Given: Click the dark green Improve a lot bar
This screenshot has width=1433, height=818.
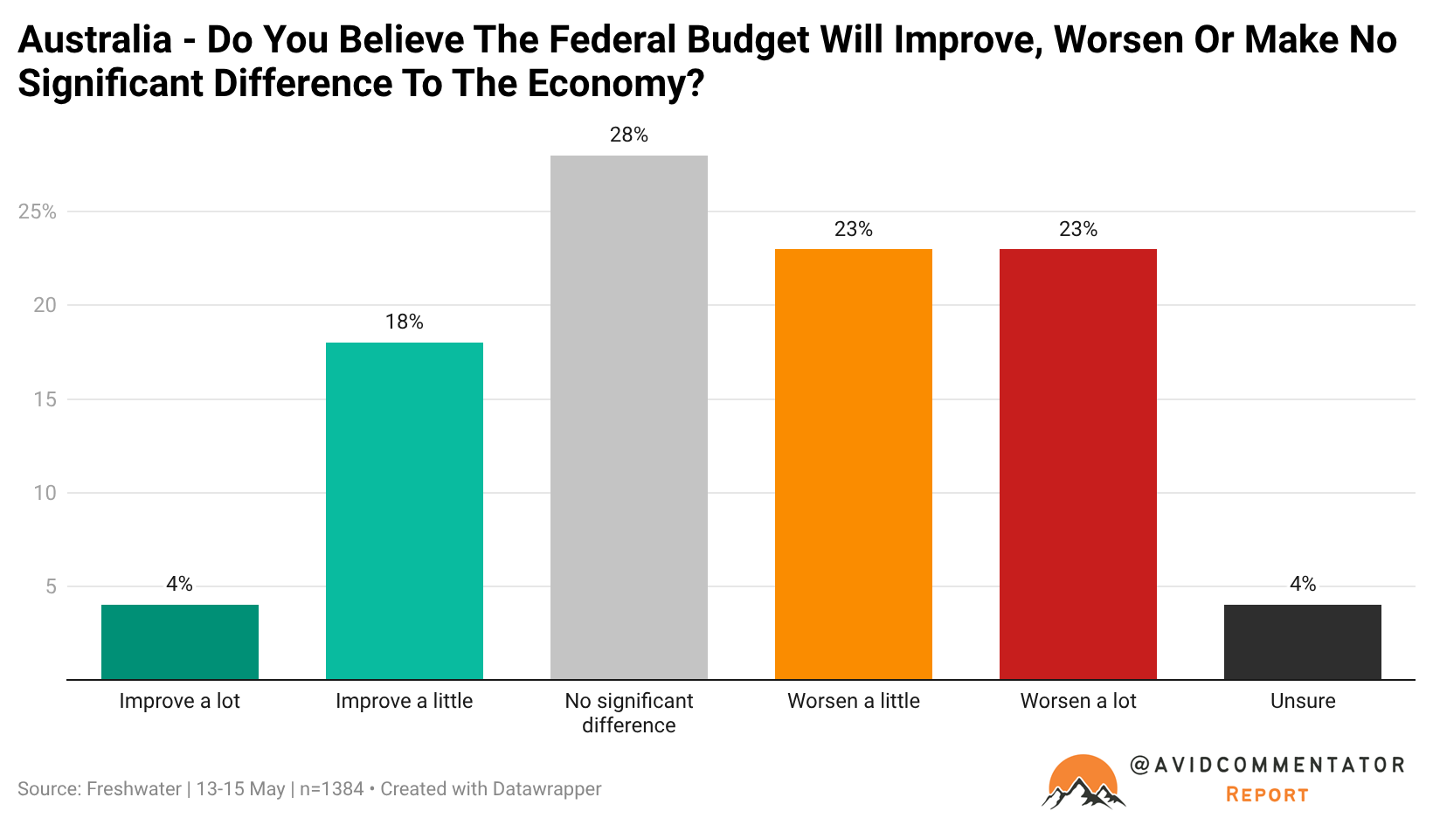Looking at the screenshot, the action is click(180, 642).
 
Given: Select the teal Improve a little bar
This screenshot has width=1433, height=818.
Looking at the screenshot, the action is click(405, 511).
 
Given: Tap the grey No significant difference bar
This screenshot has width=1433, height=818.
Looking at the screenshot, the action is click(629, 418).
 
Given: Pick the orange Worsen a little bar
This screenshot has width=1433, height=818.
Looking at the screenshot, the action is click(854, 464).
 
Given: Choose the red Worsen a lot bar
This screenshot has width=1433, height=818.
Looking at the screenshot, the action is click(1078, 464).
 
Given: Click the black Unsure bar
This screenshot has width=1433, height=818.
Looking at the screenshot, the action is click(1303, 642).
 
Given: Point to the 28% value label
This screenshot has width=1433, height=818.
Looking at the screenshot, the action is click(629, 135).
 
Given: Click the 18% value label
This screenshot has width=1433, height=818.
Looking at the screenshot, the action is click(405, 322).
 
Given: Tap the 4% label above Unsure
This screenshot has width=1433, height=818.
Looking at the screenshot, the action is click(1303, 584).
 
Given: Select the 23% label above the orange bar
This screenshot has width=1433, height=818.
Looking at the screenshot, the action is click(854, 228).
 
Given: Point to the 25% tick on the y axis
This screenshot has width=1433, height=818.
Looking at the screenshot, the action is click(37, 211).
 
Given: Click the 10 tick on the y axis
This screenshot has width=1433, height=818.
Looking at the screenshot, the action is click(45, 493).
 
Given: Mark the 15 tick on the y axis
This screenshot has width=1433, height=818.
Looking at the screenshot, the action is click(45, 399).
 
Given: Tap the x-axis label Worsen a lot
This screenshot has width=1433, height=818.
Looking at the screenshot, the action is click(1078, 701).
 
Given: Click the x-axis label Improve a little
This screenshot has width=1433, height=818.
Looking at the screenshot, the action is click(405, 701).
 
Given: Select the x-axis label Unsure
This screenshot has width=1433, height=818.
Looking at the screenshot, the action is click(1303, 701).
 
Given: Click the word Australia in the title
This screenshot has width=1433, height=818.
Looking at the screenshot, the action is click(95, 39).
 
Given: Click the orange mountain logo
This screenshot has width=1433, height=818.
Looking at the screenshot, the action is click(1083, 781).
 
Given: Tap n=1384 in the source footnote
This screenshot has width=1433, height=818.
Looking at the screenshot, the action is click(331, 789).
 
